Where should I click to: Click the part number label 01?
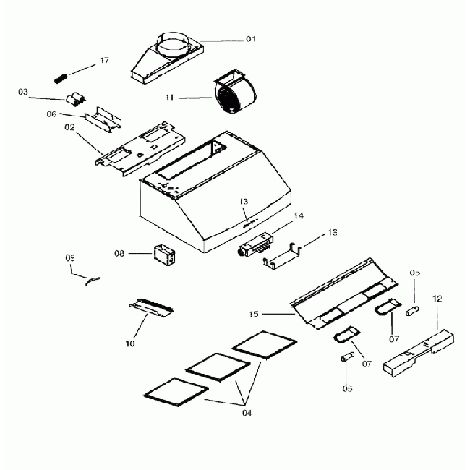tap(250, 38)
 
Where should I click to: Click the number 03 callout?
tap(23, 92)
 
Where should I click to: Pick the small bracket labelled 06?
tap(105, 119)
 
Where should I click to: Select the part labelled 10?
tap(151, 308)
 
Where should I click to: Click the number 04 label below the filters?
tap(247, 413)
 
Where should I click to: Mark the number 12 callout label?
tap(437, 298)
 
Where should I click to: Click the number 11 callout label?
tap(168, 96)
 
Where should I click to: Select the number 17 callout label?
tap(104, 60)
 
